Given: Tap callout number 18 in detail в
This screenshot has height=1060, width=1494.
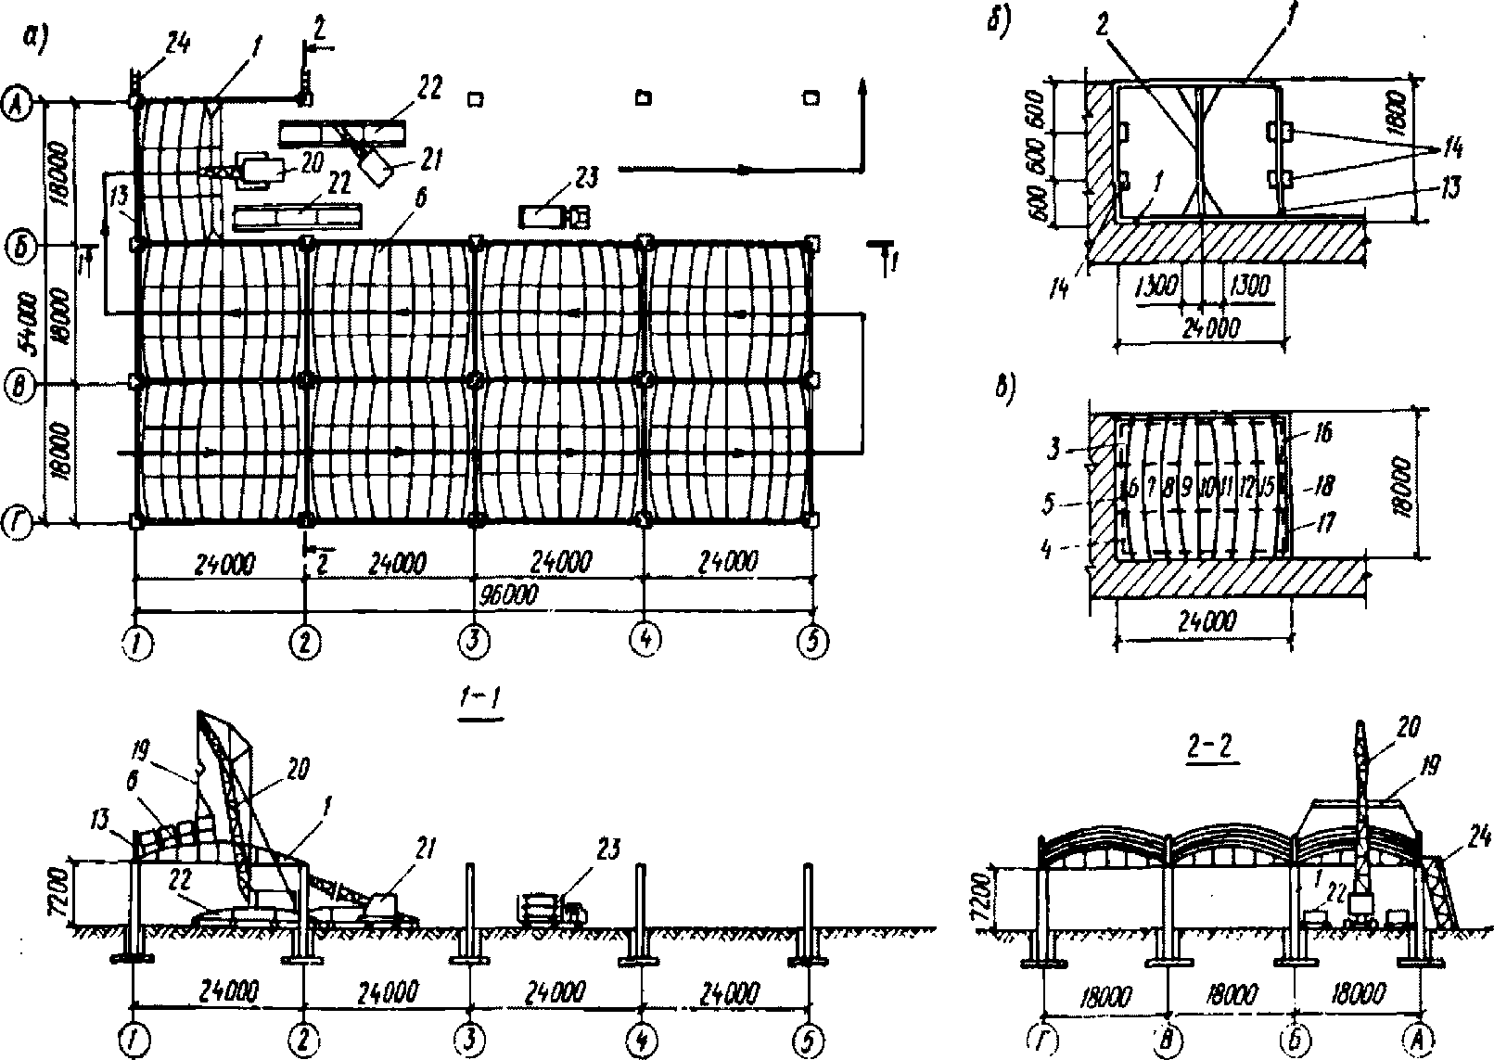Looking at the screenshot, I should (1322, 484).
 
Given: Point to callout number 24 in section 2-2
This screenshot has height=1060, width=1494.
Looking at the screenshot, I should (1478, 839).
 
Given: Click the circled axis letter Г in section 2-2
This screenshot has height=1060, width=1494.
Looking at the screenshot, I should (1044, 1036).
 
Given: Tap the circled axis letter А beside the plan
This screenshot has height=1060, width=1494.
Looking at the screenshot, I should (19, 98).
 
